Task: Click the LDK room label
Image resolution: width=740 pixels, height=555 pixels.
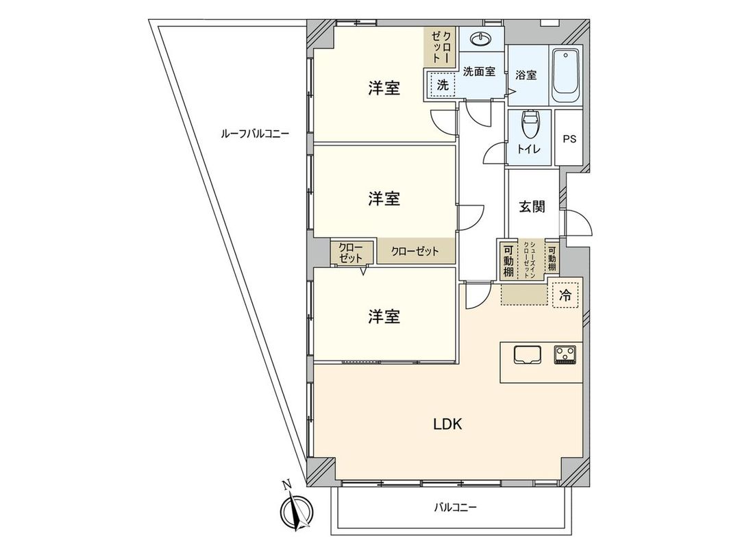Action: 447,424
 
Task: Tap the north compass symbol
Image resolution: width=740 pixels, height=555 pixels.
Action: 297,510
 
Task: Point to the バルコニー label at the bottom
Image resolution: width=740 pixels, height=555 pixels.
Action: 454,508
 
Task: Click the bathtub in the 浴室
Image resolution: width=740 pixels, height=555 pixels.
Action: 567,74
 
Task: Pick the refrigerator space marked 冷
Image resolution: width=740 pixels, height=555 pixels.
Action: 565,296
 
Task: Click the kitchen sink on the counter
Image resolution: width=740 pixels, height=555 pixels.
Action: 527,354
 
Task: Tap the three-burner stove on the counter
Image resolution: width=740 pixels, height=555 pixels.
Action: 565,354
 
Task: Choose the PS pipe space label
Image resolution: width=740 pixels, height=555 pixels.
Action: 569,138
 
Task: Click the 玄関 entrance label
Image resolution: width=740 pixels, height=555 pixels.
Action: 531,206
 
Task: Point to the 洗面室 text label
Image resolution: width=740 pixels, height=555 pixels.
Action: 479,71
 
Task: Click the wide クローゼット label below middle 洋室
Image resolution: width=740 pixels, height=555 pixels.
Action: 415,251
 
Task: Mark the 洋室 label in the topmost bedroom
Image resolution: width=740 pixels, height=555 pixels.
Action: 384,88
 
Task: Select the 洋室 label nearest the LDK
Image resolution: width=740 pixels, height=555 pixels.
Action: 384,317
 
